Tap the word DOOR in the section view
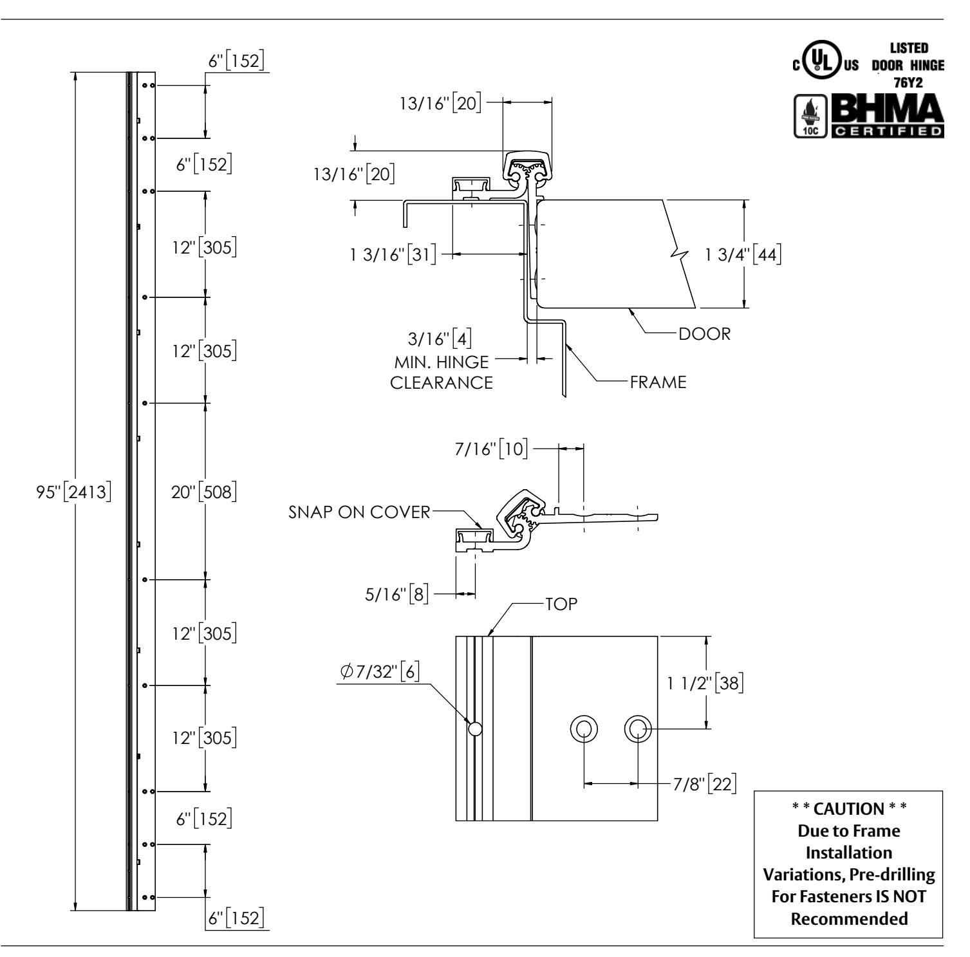click(x=704, y=334)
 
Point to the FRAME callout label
click(x=658, y=382)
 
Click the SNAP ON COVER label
click(x=359, y=512)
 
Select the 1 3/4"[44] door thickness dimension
click(x=742, y=255)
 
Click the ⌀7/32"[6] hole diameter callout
click(x=380, y=671)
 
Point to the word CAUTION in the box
click(x=849, y=809)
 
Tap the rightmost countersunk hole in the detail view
click(x=638, y=729)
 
